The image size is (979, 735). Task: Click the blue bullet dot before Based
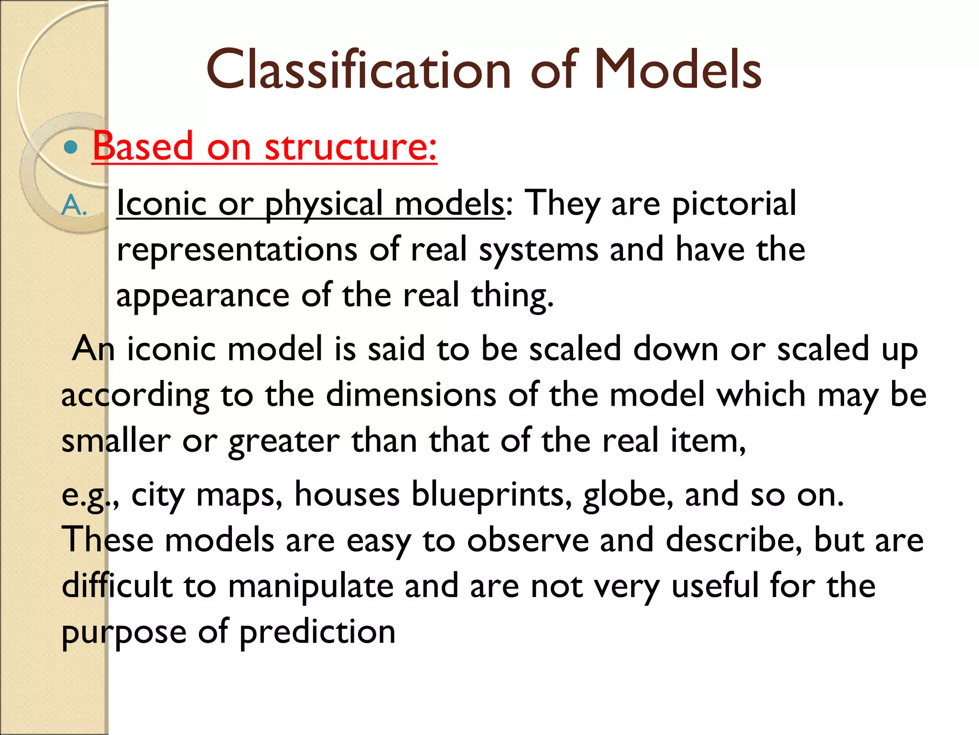71,147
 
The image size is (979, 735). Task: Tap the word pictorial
734,204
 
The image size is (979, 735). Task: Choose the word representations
237,250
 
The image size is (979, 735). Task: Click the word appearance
203,296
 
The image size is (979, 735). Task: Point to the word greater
284,441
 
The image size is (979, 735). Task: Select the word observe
528,540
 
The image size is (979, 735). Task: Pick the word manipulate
311,586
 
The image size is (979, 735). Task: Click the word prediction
317,632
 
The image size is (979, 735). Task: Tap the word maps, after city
239,495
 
